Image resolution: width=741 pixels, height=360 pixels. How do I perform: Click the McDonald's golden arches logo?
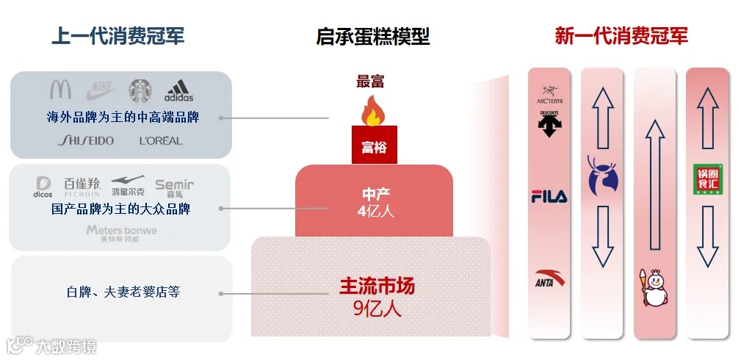(x=60, y=90)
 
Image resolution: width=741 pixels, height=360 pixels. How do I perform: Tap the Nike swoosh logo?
(x=101, y=90)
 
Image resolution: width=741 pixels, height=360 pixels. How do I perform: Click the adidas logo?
(x=178, y=91)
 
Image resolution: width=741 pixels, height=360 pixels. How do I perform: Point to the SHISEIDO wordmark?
(x=87, y=140)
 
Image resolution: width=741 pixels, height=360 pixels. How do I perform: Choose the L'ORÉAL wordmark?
(x=160, y=140)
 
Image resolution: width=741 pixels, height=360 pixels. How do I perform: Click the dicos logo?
(x=44, y=187)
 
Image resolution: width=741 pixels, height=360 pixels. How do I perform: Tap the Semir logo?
(x=174, y=187)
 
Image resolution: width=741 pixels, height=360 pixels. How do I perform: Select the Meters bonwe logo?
(x=121, y=233)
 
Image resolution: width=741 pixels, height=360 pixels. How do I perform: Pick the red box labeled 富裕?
(x=373, y=148)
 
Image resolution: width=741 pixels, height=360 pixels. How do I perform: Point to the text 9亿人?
(x=377, y=308)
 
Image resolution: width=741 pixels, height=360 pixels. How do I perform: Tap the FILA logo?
(x=549, y=197)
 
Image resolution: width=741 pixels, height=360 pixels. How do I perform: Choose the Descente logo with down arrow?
(x=549, y=124)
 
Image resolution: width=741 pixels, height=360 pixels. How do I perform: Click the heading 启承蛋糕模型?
(x=372, y=36)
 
